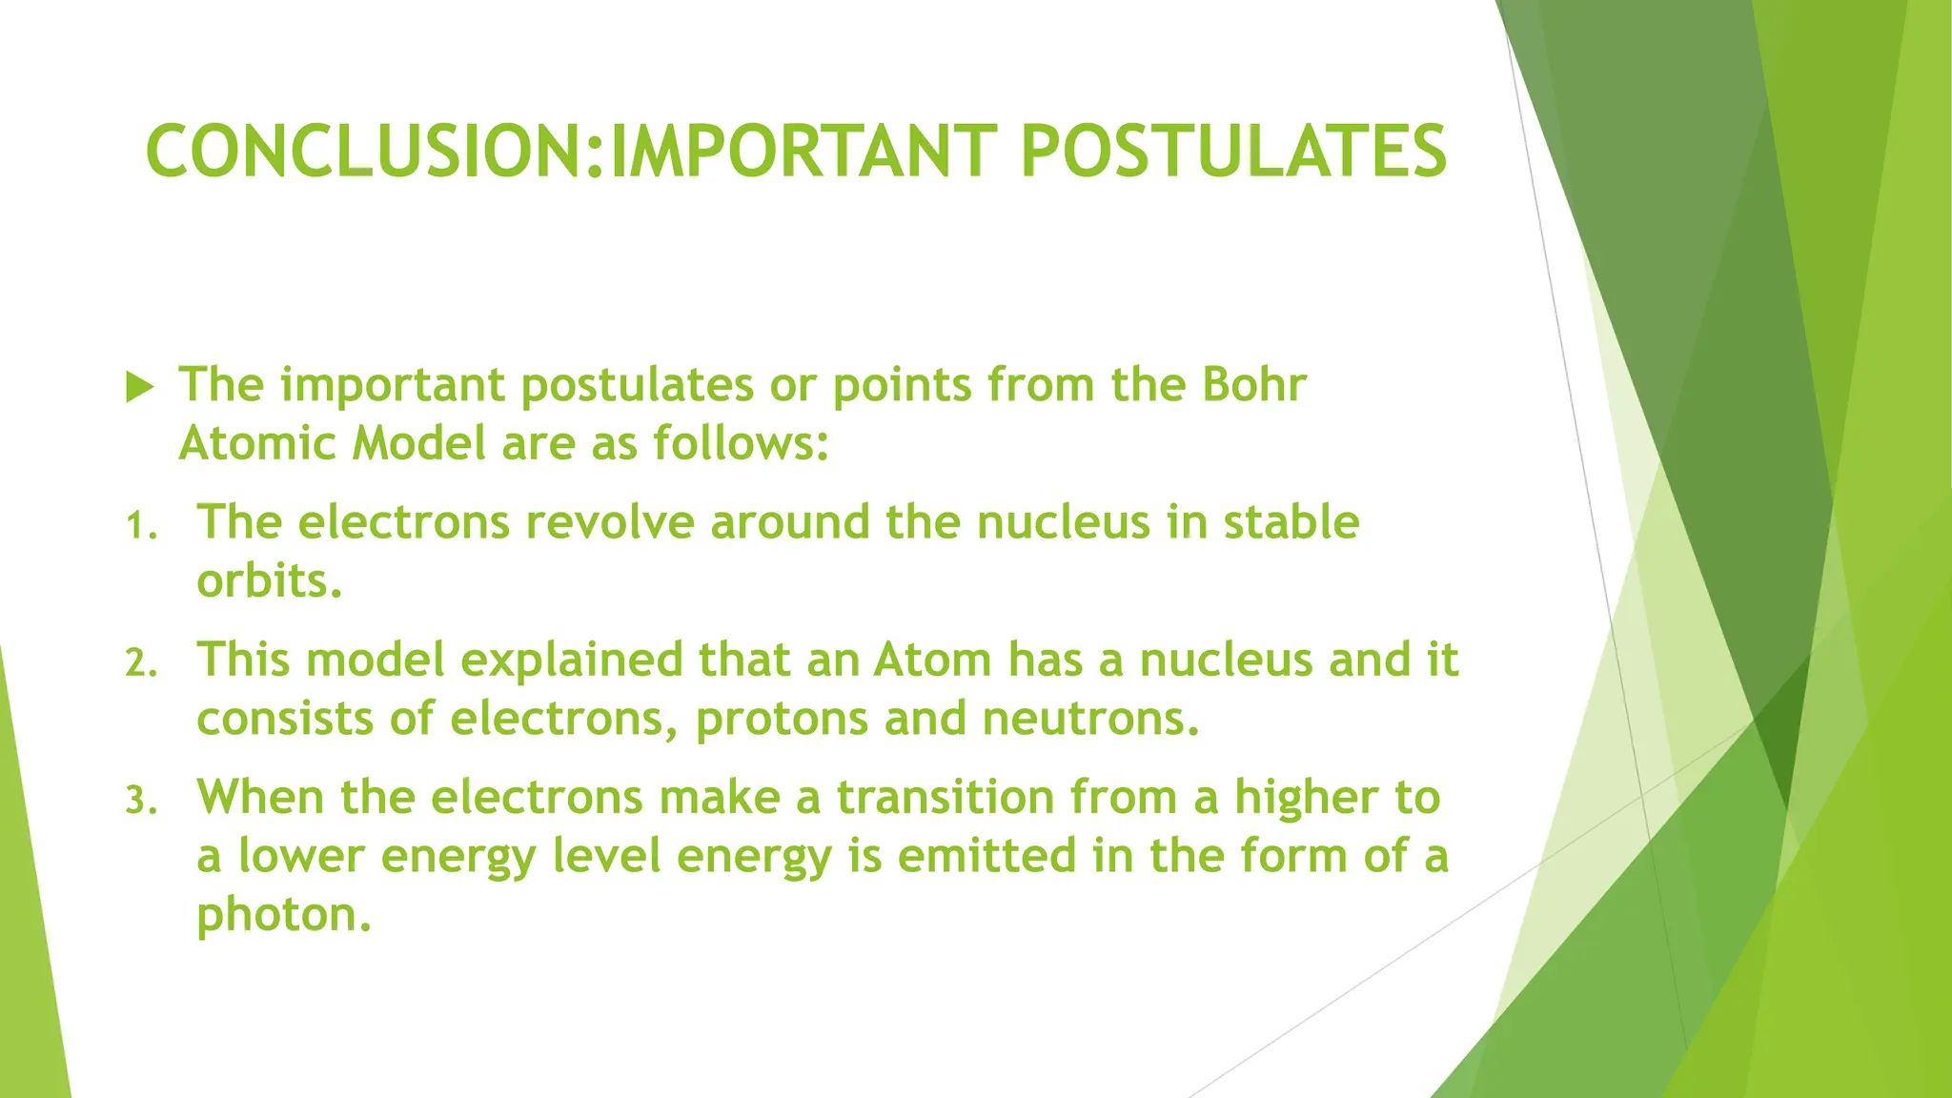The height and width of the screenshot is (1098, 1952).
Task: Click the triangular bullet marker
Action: (139, 387)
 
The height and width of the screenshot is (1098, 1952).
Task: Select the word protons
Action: (782, 720)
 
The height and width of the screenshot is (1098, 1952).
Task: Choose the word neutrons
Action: (1089, 719)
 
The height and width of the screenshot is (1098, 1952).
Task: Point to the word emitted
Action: (986, 856)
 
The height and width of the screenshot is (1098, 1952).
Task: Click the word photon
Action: (281, 915)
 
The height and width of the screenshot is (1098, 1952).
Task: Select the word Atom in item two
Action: (932, 660)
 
